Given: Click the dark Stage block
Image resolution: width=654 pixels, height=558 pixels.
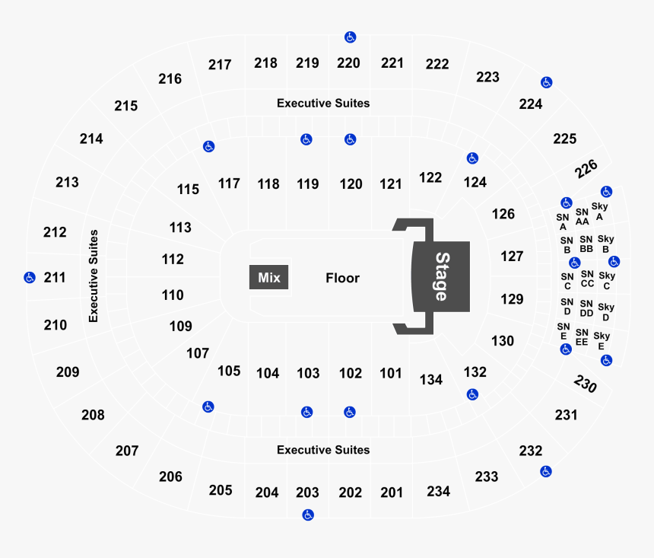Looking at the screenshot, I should pyautogui.click(x=441, y=276).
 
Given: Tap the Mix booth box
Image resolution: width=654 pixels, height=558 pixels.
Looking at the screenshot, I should pyautogui.click(x=268, y=278).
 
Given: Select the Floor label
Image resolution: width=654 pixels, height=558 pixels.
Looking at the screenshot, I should pyautogui.click(x=342, y=278).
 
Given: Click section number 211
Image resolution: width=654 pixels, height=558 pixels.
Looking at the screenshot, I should pyautogui.click(x=55, y=278).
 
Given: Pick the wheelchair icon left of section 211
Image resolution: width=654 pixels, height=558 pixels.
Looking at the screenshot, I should pyautogui.click(x=29, y=277).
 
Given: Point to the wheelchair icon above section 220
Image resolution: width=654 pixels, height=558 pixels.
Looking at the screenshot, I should pyautogui.click(x=350, y=37).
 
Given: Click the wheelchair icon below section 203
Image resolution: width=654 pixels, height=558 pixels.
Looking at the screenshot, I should pyautogui.click(x=308, y=515).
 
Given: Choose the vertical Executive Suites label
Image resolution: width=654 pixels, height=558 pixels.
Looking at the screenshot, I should pyautogui.click(x=94, y=276).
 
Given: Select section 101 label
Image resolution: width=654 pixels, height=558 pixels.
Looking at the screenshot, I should pyautogui.click(x=391, y=373).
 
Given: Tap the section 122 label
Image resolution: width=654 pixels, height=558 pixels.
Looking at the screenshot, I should pyautogui.click(x=430, y=177).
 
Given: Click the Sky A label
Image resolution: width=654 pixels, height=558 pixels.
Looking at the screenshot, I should pyautogui.click(x=599, y=211).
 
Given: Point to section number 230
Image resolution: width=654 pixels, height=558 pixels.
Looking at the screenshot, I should pyautogui.click(x=586, y=384).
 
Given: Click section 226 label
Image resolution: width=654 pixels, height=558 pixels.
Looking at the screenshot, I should pyautogui.click(x=586, y=167).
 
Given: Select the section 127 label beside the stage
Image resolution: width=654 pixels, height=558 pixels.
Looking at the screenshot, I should pyautogui.click(x=512, y=257).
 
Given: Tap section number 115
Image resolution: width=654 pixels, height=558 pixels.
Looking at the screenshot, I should pyautogui.click(x=188, y=189).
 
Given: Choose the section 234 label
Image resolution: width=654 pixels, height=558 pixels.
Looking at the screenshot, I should pyautogui.click(x=439, y=491).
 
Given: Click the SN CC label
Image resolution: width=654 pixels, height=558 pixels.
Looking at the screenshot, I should pyautogui.click(x=586, y=279).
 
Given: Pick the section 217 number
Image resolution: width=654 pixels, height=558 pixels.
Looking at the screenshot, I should pyautogui.click(x=220, y=65).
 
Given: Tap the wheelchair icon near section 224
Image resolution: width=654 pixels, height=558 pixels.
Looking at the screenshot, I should pyautogui.click(x=546, y=82).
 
